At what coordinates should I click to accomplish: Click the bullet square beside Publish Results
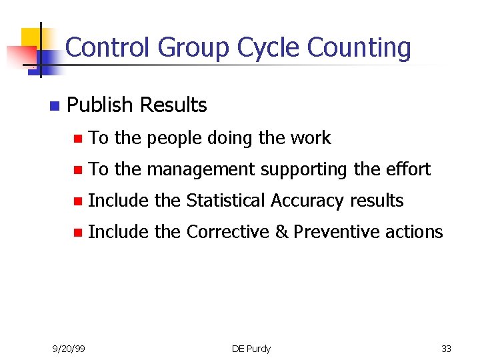(x=54, y=106)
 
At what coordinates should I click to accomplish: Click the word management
(x=201, y=169)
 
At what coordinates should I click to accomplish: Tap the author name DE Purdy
(x=251, y=349)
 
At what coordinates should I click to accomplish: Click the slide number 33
(x=446, y=349)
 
